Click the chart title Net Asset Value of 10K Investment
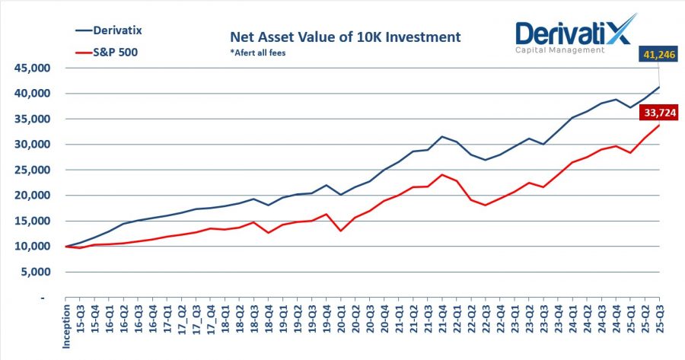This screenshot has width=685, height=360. (346, 37)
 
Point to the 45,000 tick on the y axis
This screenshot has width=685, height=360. (30, 68)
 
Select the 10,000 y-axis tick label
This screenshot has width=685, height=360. (30, 247)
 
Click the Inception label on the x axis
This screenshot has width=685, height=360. (67, 328)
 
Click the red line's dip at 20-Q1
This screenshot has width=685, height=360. (340, 231)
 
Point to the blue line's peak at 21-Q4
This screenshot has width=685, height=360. (442, 136)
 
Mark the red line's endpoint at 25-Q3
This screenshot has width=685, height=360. (659, 125)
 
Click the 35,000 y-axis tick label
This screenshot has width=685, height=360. (30, 119)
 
